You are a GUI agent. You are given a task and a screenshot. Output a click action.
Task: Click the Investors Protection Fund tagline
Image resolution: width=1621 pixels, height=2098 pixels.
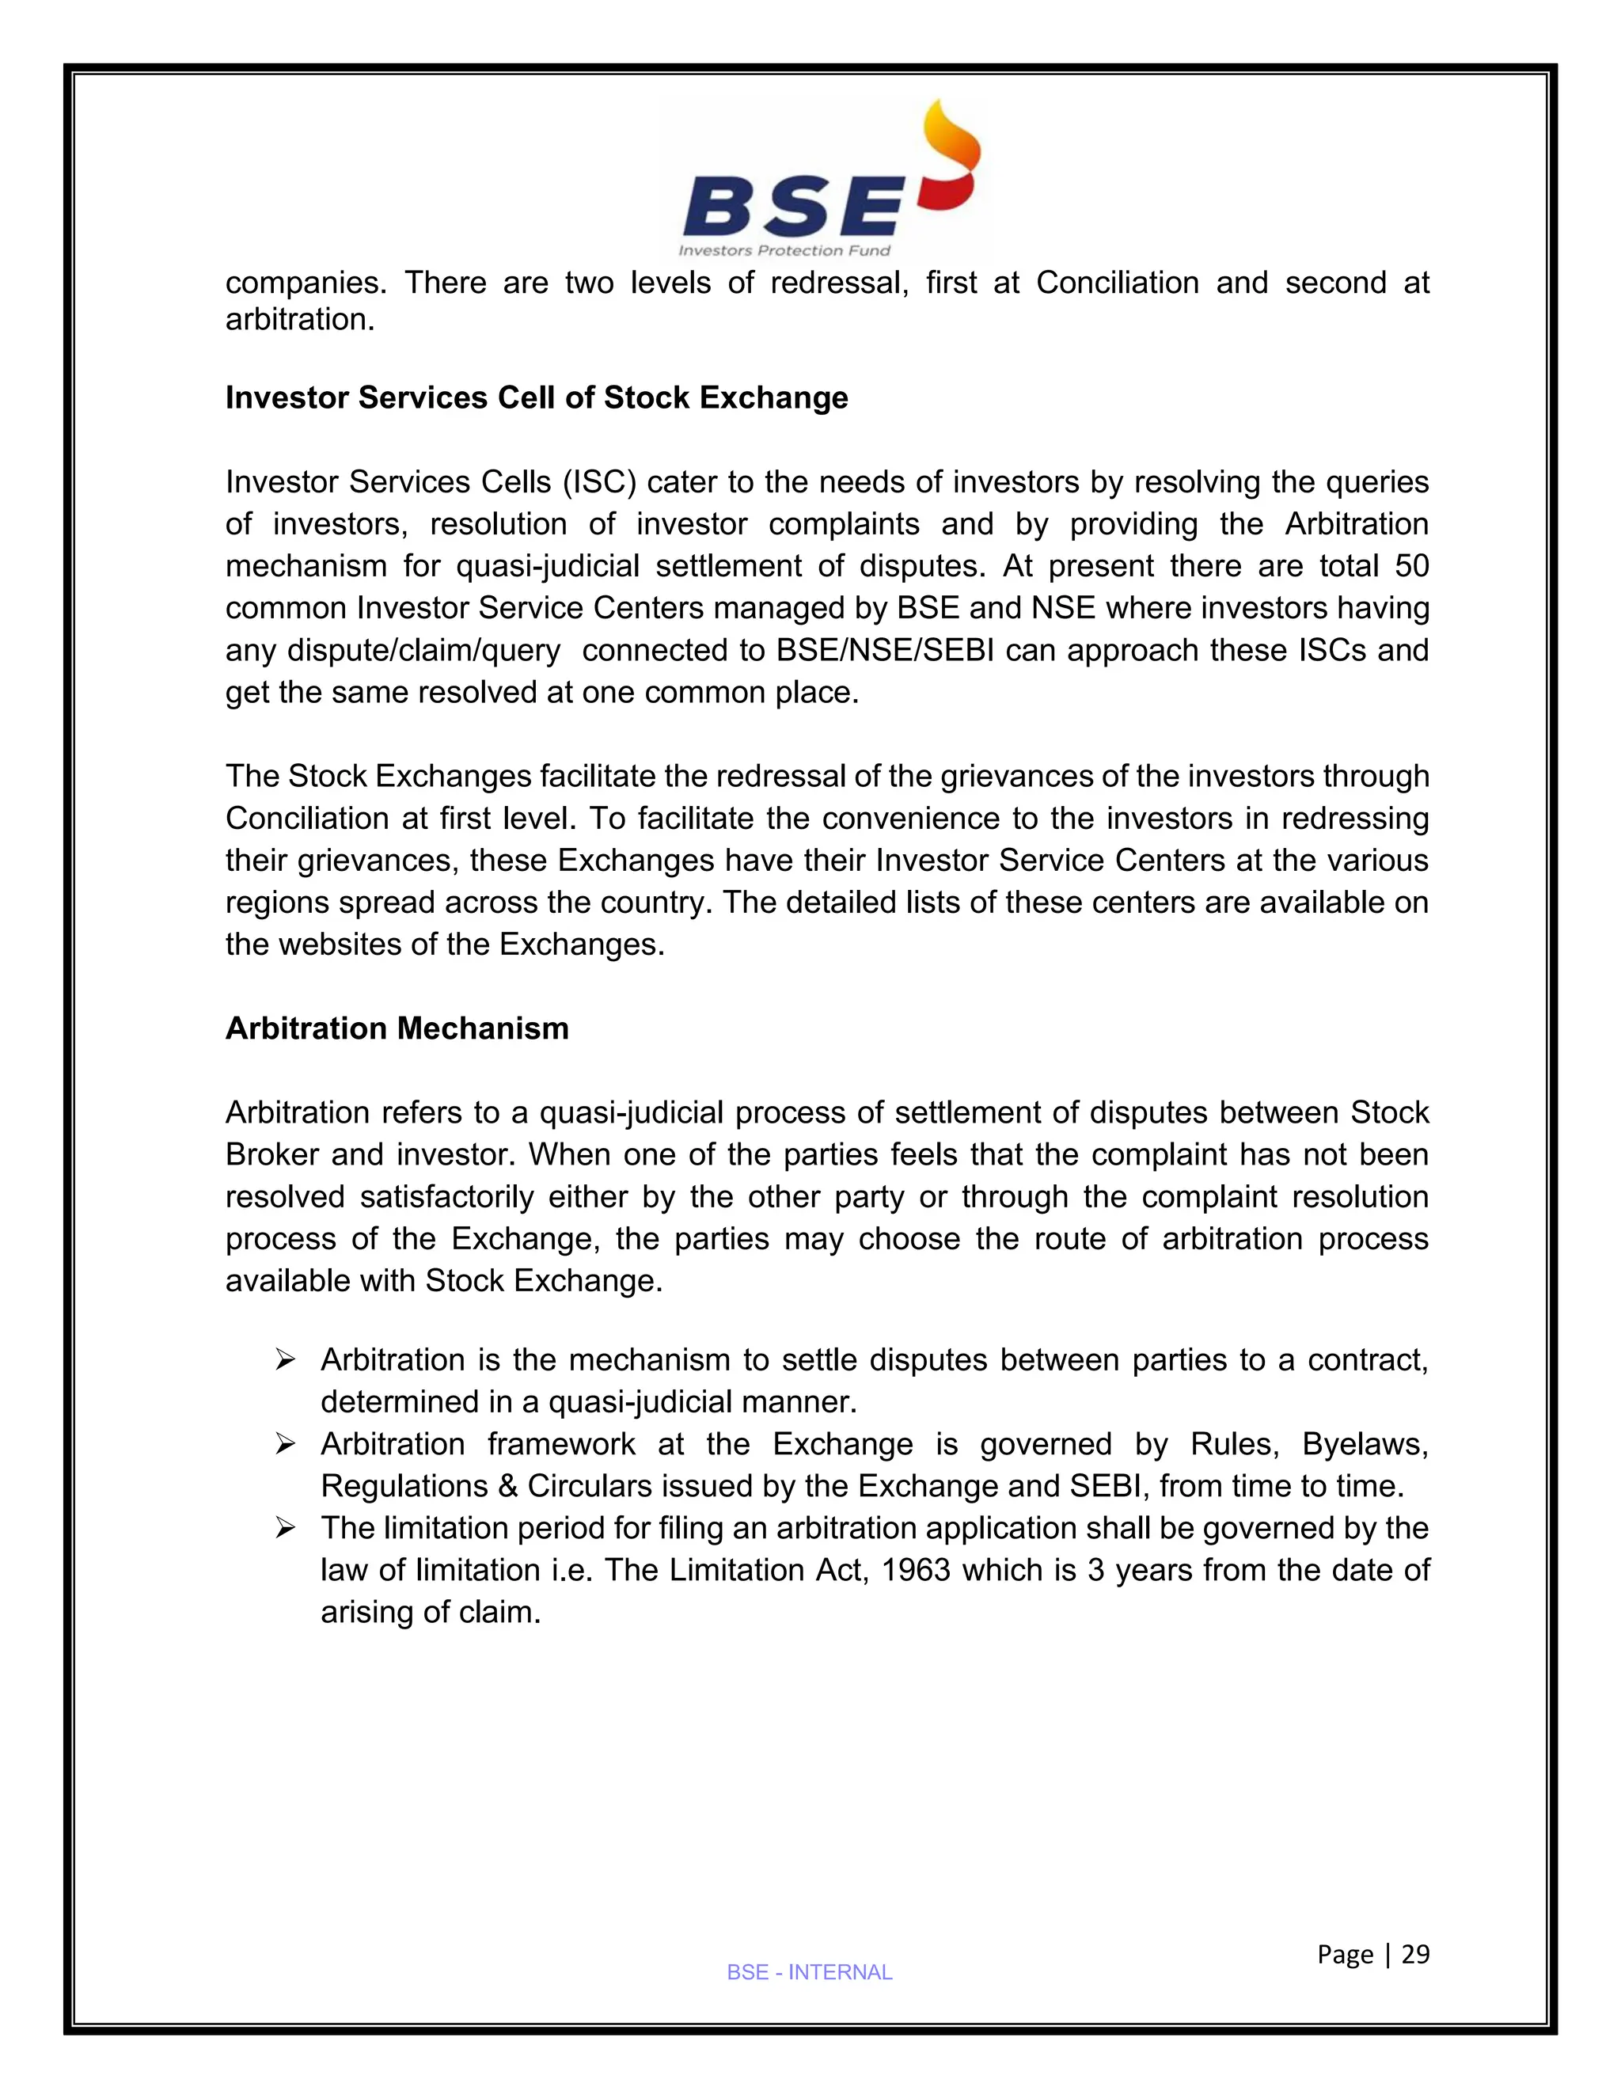click(x=784, y=251)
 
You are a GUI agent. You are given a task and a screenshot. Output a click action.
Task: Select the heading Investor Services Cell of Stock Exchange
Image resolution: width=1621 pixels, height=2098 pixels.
click(x=536, y=397)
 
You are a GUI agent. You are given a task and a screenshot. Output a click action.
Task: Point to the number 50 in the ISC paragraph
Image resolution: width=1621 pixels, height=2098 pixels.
click(x=1410, y=566)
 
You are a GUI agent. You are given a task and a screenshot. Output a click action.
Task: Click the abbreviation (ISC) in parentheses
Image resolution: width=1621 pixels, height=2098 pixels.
click(x=600, y=482)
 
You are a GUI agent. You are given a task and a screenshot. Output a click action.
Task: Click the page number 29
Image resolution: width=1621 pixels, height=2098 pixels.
click(x=1415, y=1954)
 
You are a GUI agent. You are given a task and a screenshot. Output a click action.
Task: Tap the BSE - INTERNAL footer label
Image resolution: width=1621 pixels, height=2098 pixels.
click(x=810, y=1972)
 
